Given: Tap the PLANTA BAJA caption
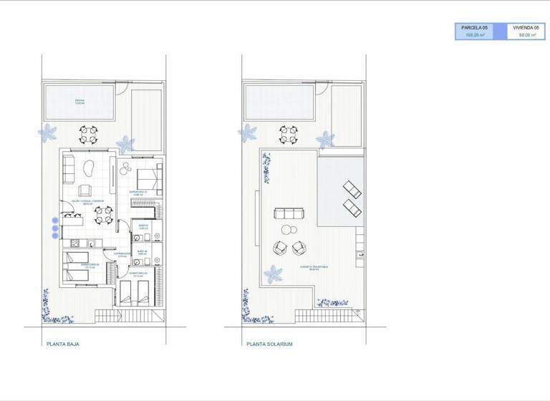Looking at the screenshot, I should tap(62, 344).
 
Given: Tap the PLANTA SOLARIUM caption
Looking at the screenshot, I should tap(269, 344).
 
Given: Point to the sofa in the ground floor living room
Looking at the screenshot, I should tap(69, 168).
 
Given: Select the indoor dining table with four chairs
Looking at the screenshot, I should tap(105, 213).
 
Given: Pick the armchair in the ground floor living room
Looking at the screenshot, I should tap(84, 190).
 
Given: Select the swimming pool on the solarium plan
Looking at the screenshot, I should tap(279, 102).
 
